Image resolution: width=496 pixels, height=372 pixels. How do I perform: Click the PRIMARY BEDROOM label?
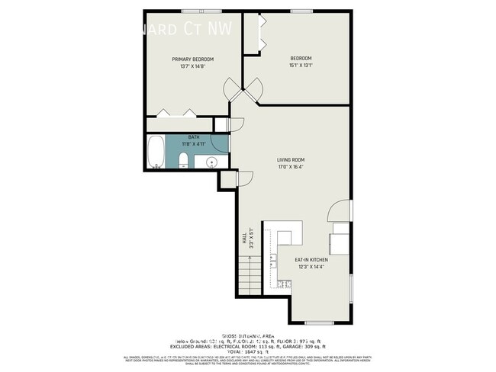[192, 59]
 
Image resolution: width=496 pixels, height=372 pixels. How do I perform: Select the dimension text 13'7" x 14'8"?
[192, 66]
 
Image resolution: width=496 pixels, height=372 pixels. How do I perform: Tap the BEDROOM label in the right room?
[301, 59]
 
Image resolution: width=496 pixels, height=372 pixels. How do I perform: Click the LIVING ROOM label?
[291, 159]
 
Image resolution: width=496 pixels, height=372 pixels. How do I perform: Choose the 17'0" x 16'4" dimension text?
[291, 167]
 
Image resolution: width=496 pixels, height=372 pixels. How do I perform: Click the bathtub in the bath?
[156, 152]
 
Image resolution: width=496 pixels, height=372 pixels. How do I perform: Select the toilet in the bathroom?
[184, 159]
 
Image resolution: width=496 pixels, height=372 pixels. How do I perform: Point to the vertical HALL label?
[245, 240]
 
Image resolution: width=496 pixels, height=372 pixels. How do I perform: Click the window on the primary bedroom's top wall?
[192, 10]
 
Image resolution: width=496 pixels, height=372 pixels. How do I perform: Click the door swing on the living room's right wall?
[341, 212]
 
